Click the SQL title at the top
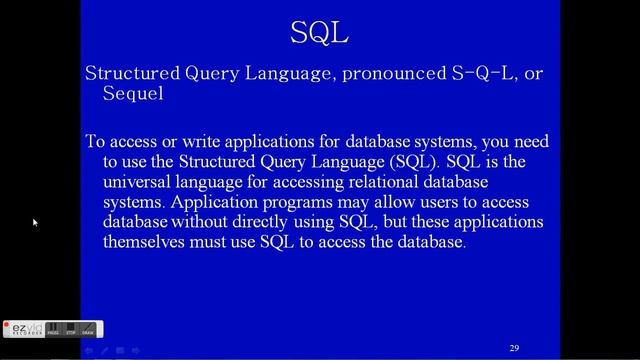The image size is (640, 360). (x=319, y=32)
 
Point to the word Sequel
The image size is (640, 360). (x=133, y=94)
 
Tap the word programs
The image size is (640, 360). (x=276, y=202)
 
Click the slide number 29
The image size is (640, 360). (x=514, y=348)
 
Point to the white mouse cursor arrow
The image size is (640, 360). (x=35, y=222)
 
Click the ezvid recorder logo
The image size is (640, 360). (x=22, y=328)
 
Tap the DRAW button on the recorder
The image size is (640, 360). (x=87, y=329)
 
